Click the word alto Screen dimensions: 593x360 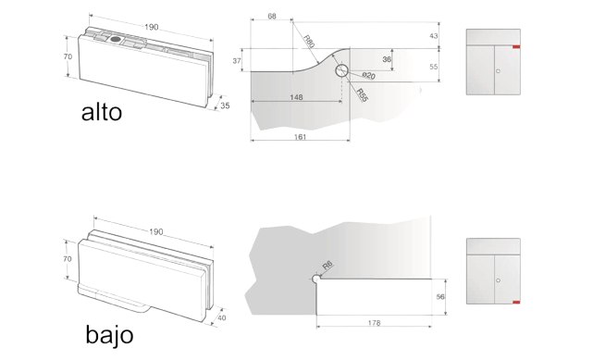pyautogui.click(x=102, y=112)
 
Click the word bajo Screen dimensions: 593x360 pyautogui.click(x=110, y=334)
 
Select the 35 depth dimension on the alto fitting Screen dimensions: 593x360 pyautogui.click(x=225, y=106)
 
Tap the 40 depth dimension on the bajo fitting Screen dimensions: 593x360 pyautogui.click(x=222, y=317)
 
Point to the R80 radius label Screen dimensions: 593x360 pyautogui.click(x=309, y=41)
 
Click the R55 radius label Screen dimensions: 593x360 pyautogui.click(x=362, y=95)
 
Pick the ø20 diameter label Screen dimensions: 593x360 pyautogui.click(x=368, y=76)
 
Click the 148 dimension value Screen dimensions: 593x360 pyautogui.click(x=296, y=97)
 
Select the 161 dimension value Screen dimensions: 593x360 pyautogui.click(x=300, y=137)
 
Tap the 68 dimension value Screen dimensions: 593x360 pyautogui.click(x=272, y=17)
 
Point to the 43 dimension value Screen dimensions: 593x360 pyautogui.click(x=433, y=35)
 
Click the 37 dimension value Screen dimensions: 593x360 pyautogui.click(x=237, y=60)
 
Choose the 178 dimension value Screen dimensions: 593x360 pyautogui.click(x=374, y=323)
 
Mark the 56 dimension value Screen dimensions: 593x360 pyautogui.click(x=440, y=297)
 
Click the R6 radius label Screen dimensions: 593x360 pyautogui.click(x=327, y=265)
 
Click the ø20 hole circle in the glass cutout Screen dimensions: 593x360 pyautogui.click(x=342, y=70)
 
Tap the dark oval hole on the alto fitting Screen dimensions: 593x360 pyautogui.click(x=116, y=39)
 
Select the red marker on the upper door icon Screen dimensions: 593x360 pyautogui.click(x=516, y=47)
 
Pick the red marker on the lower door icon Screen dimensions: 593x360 pyautogui.click(x=516, y=302)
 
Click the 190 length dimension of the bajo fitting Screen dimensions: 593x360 pyautogui.click(x=155, y=231)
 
